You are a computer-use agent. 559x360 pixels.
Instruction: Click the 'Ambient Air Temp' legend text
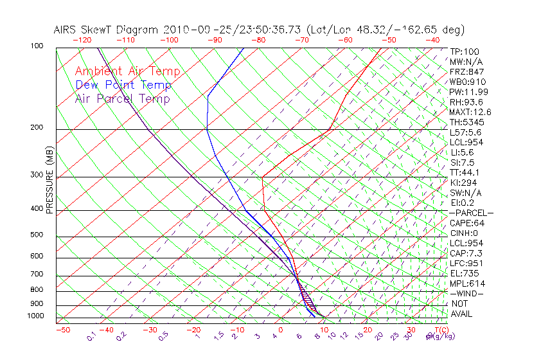tap(127, 71)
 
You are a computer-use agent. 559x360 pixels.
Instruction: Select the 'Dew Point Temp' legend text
tap(123, 85)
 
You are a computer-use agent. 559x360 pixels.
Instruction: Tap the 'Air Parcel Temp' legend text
tap(122, 98)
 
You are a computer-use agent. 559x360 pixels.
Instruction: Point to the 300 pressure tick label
tap(37, 175)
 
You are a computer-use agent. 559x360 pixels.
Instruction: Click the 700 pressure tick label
tap(37, 274)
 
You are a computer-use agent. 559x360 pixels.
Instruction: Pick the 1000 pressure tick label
tap(35, 316)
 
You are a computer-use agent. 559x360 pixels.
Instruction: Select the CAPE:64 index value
tap(467, 223)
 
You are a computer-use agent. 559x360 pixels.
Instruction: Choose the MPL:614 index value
tap(467, 283)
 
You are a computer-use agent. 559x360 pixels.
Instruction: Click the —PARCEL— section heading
tap(471, 213)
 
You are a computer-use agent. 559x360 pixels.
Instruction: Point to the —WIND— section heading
tap(466, 293)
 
